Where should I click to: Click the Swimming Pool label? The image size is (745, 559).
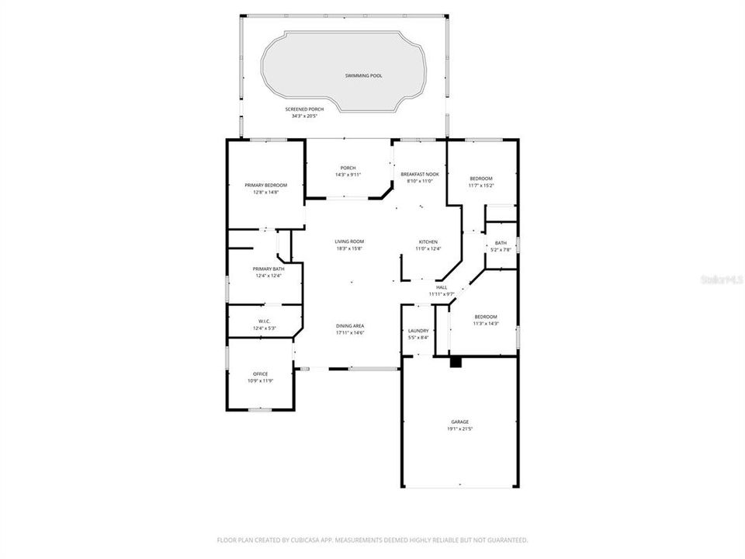pyautogui.click(x=363, y=76)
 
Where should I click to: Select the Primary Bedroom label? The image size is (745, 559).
pyautogui.click(x=265, y=185)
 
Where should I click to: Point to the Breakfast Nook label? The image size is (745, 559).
pyautogui.click(x=420, y=174)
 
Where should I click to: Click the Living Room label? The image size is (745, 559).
pyautogui.click(x=349, y=241)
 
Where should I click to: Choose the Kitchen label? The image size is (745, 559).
pyautogui.click(x=428, y=241)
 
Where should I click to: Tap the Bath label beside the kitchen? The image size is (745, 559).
pyautogui.click(x=501, y=243)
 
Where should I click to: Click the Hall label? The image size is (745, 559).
pyautogui.click(x=442, y=287)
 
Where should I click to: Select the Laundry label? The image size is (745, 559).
pyautogui.click(x=418, y=331)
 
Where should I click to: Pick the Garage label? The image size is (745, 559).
pyautogui.click(x=460, y=422)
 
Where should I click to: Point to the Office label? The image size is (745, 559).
pyautogui.click(x=260, y=373)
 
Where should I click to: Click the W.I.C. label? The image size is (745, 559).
pyautogui.click(x=264, y=321)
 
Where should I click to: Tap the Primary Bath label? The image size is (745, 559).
pyautogui.click(x=266, y=269)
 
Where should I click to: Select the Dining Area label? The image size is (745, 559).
pyautogui.click(x=350, y=325)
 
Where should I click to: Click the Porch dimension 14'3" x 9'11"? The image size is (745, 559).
pyautogui.click(x=348, y=175)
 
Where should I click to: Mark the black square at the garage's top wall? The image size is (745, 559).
pyautogui.click(x=456, y=363)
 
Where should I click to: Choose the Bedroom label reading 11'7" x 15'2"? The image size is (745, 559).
pyautogui.click(x=480, y=179)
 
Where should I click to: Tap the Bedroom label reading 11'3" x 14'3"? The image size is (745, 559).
pyautogui.click(x=486, y=316)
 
